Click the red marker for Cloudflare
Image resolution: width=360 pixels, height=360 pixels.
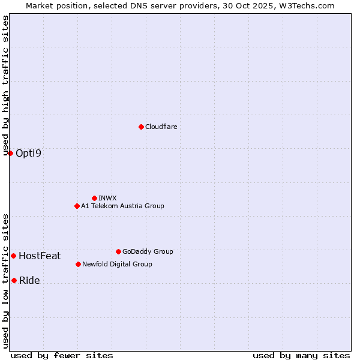click(x=141, y=127)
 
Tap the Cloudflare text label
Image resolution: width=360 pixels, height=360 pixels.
click(x=161, y=127)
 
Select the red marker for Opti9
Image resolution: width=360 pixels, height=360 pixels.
click(x=10, y=153)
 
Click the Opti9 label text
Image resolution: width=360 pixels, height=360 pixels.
click(x=29, y=154)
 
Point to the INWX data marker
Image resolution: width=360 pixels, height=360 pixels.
click(x=94, y=198)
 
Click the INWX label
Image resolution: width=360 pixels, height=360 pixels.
click(x=107, y=198)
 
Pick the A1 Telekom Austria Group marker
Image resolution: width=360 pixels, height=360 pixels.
click(x=77, y=206)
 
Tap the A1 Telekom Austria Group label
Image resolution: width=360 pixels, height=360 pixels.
click(x=122, y=206)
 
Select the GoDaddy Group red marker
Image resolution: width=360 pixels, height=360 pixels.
click(x=118, y=251)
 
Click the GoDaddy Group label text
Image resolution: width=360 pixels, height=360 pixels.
click(x=148, y=252)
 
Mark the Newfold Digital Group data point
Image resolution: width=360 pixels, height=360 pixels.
click(x=78, y=264)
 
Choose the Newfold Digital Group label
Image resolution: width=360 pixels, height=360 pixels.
click(x=117, y=265)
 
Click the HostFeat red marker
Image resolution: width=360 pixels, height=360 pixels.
click(x=13, y=256)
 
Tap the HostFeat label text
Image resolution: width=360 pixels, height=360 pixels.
click(x=40, y=256)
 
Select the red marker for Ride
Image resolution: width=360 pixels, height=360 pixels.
click(x=14, y=280)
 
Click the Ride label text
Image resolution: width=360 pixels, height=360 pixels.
click(x=29, y=281)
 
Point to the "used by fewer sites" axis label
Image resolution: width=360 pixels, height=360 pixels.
click(x=62, y=355)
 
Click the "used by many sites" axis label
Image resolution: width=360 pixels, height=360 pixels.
click(x=301, y=355)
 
